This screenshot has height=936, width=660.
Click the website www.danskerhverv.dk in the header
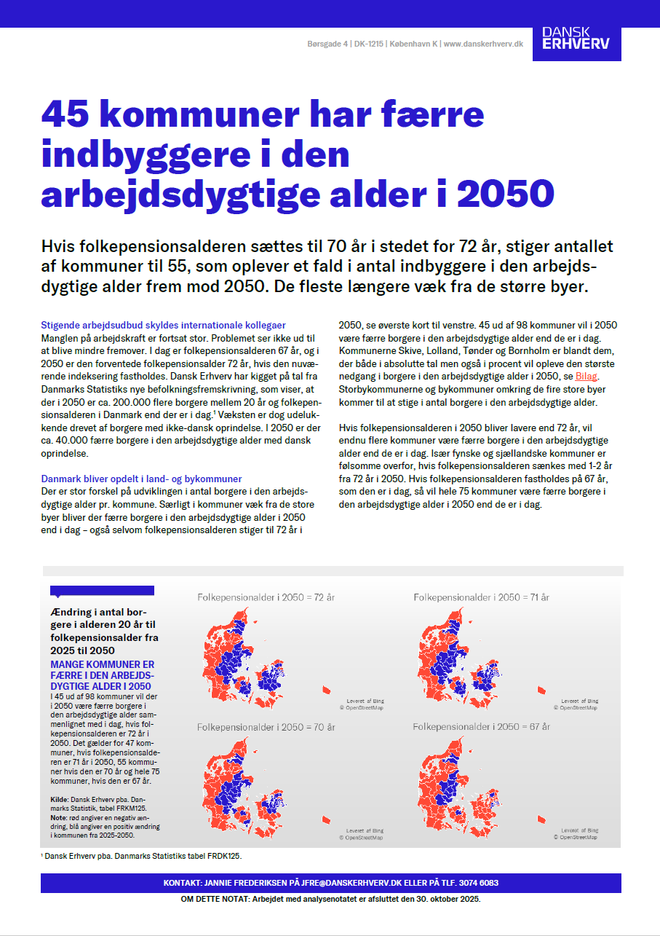pyautogui.click(x=483, y=44)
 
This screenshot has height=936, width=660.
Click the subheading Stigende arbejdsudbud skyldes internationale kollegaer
pyautogui.click(x=164, y=325)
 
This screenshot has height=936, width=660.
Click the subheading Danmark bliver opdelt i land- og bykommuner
pyautogui.click(x=141, y=479)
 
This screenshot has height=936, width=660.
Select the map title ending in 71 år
pyautogui.click(x=481, y=597)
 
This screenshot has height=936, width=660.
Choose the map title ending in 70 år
pyautogui.click(x=266, y=727)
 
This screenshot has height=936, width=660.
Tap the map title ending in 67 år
pyautogui.click(x=481, y=727)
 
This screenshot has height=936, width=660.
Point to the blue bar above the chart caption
pyautogui.click(x=102, y=591)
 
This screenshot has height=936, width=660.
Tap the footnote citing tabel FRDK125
pyautogui.click(x=143, y=856)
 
